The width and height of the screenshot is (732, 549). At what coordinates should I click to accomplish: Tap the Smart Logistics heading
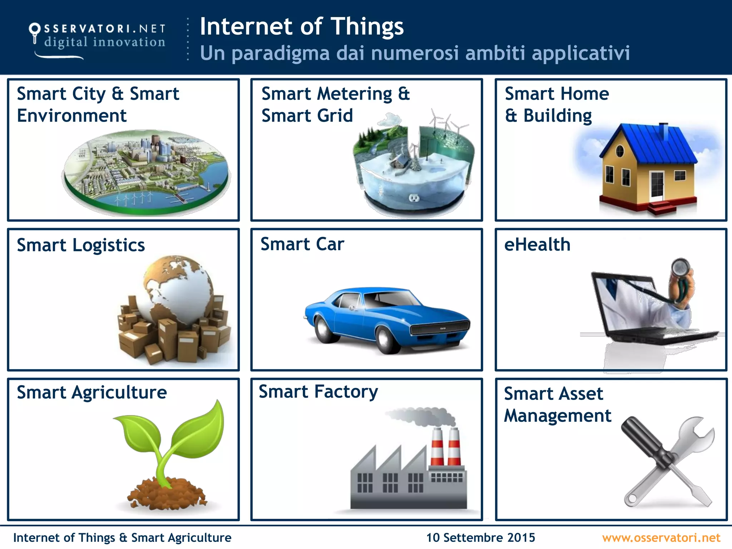tap(81, 245)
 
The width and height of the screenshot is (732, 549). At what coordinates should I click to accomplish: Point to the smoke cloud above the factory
tap(422, 417)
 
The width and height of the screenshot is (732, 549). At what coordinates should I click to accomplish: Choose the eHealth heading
tap(537, 245)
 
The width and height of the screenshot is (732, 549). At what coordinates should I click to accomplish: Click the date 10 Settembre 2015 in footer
tap(480, 538)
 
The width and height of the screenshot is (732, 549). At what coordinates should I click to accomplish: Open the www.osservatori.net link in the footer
tap(661, 538)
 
